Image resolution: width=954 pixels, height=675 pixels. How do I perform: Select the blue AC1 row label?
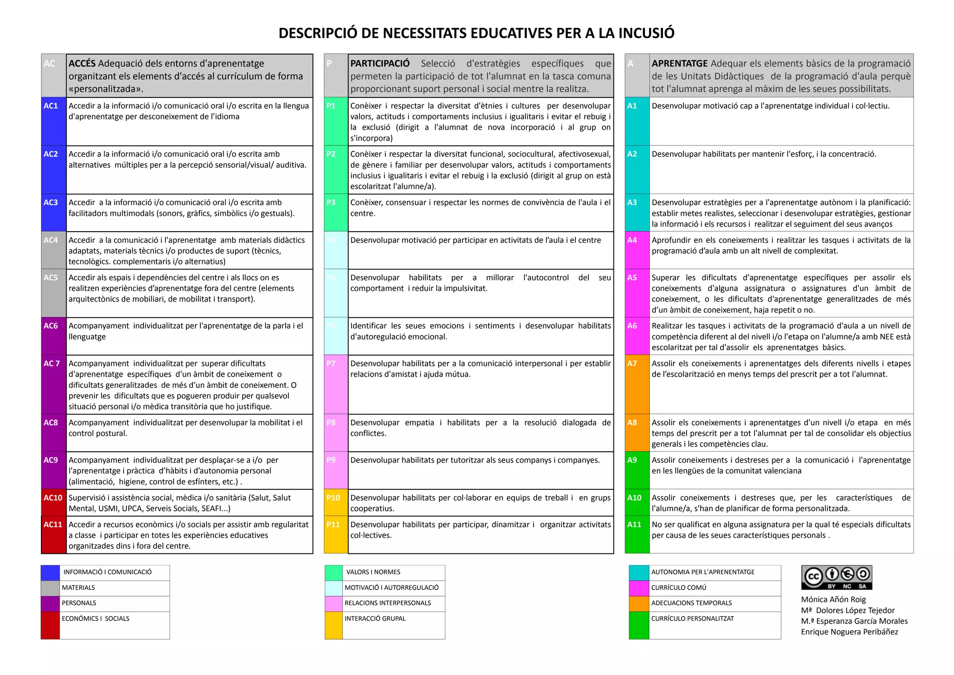coord(51,106)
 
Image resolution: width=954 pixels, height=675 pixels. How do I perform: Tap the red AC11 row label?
coord(53,524)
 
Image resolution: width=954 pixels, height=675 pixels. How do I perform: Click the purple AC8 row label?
coord(51,423)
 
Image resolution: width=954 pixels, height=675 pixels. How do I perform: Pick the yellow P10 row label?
coord(333,498)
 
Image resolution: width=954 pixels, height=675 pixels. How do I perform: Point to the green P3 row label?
coord(331,203)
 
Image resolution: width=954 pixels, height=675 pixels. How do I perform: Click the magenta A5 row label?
coord(632,278)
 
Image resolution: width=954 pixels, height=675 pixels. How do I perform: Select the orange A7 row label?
coord(632,364)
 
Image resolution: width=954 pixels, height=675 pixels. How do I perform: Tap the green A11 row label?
coord(634,524)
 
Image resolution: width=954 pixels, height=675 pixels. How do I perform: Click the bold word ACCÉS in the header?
coord(82,63)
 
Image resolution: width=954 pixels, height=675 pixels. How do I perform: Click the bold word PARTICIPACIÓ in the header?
coord(380,63)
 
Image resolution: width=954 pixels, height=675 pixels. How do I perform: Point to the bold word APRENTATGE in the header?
coord(679,63)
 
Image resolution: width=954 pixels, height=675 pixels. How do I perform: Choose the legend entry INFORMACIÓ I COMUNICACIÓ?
coord(108,572)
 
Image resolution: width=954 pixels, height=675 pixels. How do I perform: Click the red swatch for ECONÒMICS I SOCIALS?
coord(50,625)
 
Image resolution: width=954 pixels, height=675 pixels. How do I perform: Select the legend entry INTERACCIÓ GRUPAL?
coord(375,619)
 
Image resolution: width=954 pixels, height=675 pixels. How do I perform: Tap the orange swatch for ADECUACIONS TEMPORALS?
coord(639,603)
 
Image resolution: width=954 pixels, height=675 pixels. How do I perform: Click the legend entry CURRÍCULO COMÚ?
coord(678,588)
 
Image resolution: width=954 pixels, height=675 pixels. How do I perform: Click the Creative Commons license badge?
coord(837,578)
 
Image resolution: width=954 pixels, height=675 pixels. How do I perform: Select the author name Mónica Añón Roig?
coord(833,599)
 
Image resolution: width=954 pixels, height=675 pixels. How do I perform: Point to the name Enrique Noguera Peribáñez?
coord(849,632)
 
